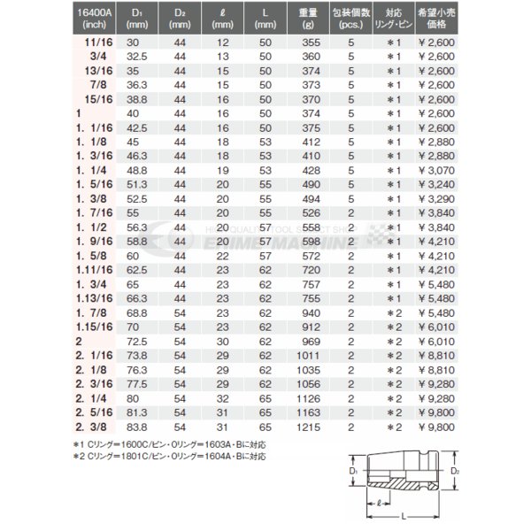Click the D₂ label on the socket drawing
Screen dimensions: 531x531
[455, 476]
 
